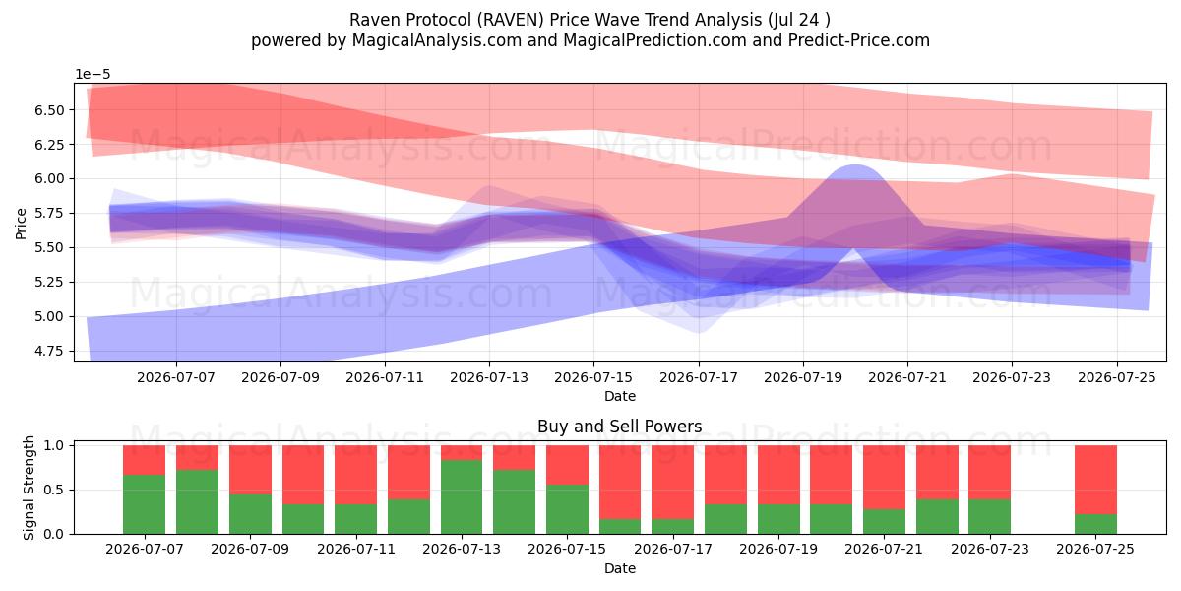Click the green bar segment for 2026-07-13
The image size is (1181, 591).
462,497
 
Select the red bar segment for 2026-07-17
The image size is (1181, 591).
673,483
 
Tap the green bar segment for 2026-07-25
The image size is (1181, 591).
1095,524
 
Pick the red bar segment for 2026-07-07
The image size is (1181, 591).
144,460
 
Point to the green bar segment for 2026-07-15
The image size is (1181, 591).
567,509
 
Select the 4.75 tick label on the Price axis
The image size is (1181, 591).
49,351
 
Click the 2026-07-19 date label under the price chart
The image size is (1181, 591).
803,378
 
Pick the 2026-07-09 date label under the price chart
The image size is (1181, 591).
280,378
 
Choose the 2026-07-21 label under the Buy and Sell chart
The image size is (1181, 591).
884,550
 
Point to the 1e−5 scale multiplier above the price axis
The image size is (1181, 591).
93,75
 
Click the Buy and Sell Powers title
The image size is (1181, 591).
619,427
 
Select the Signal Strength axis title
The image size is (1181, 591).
29,488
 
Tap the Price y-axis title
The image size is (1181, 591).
21,224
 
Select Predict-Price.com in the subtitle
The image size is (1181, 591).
859,40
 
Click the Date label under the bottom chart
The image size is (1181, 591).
619,568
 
